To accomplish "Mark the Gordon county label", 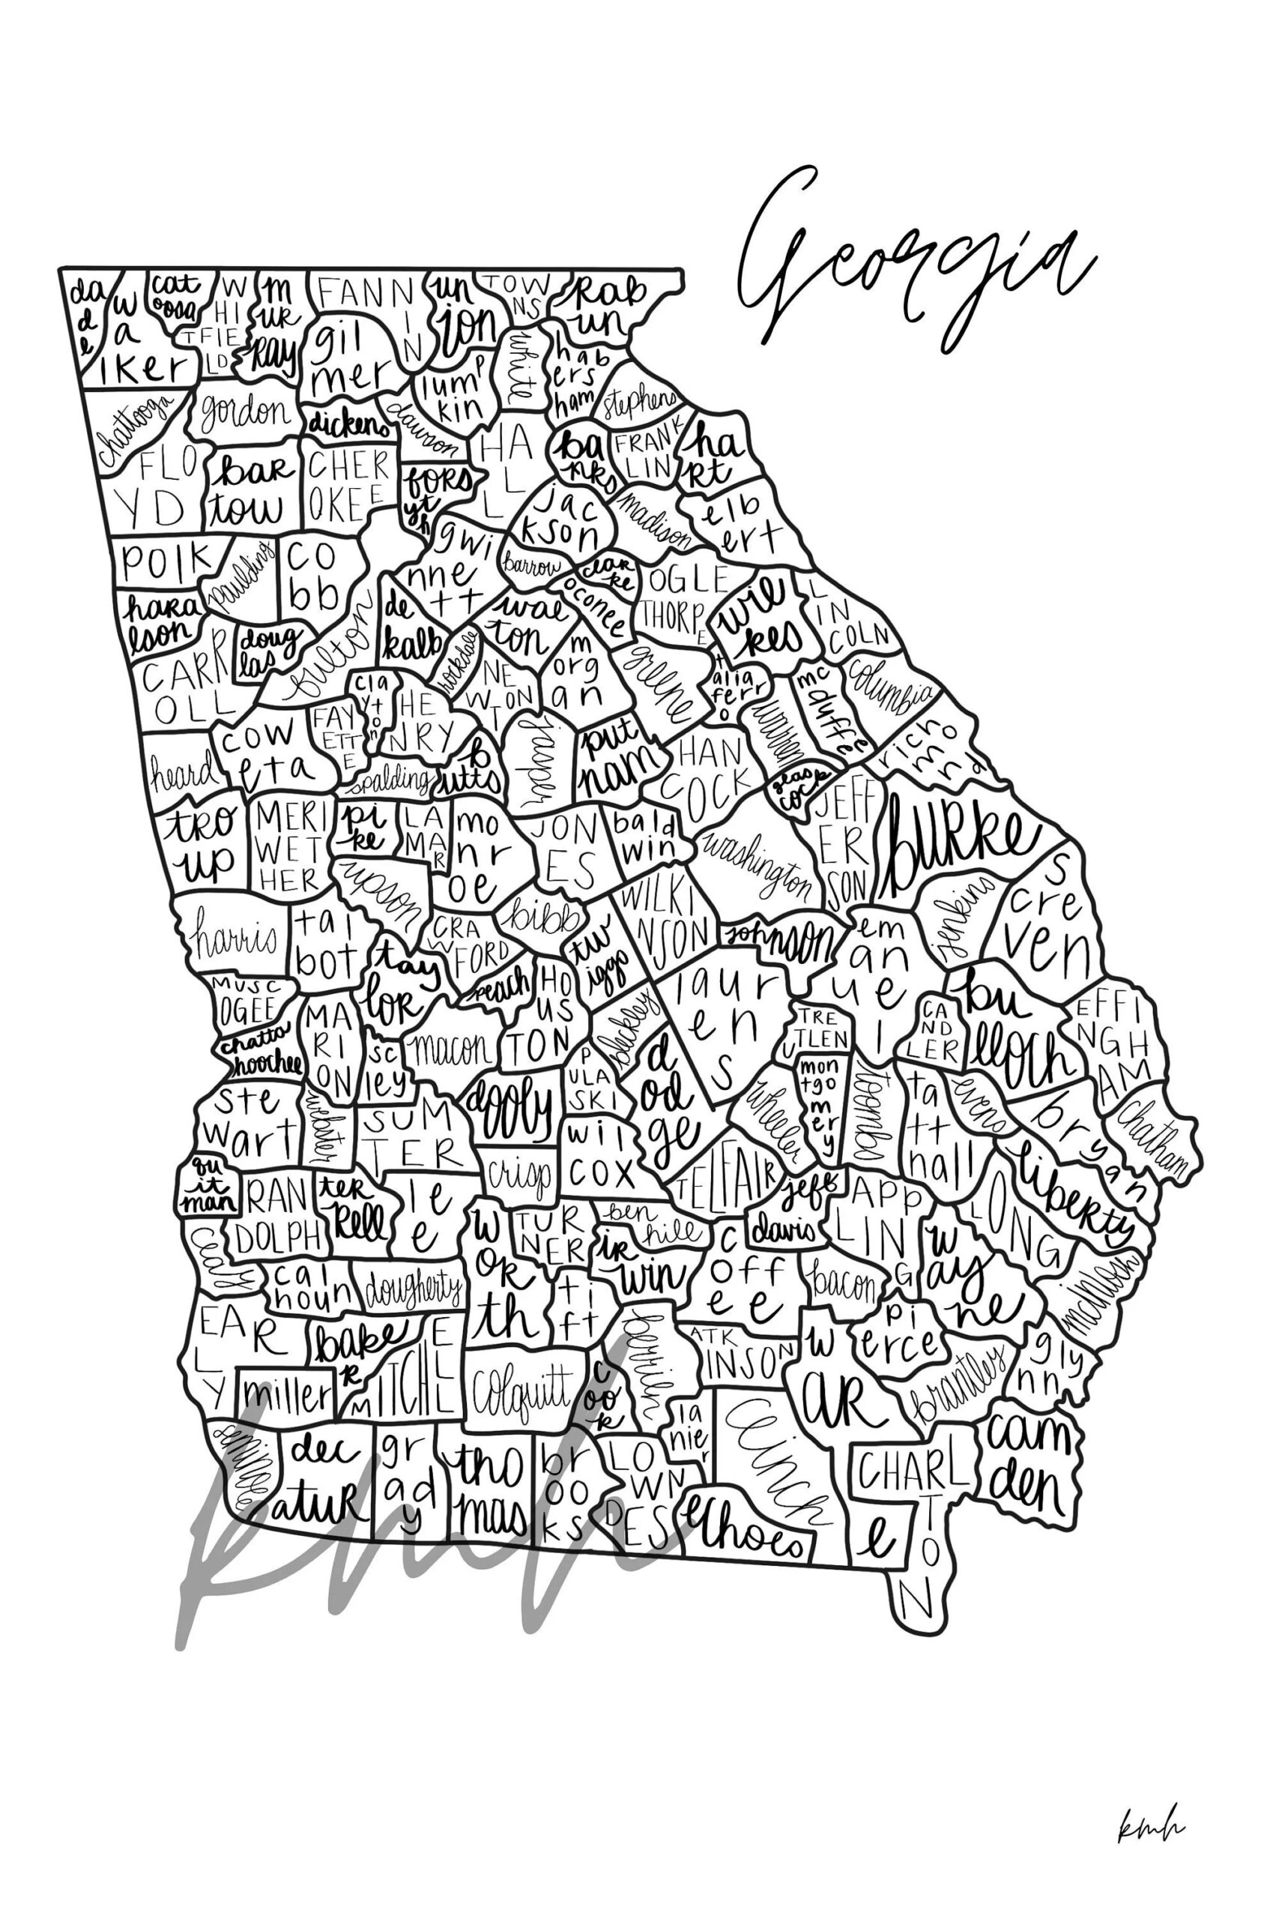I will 245,412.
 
